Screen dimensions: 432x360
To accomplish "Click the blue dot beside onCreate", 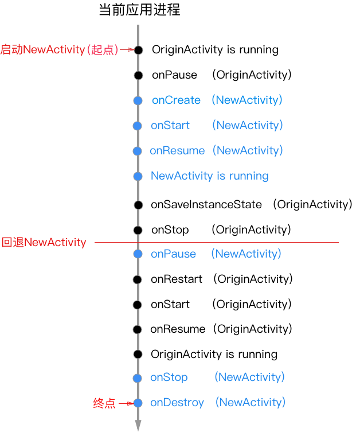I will click(138, 100).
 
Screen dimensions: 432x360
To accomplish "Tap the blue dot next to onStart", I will click(137, 126).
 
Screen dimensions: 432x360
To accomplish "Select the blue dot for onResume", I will click(137, 151).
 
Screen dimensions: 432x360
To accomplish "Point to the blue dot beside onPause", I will click(138, 254).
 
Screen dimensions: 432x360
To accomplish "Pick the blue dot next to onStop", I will click(137, 377).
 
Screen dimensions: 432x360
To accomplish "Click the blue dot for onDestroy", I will click(138, 403).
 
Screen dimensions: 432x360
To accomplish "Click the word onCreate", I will click(176, 100).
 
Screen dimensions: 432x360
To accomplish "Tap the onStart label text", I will click(170, 125).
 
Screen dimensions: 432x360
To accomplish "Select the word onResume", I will click(177, 151).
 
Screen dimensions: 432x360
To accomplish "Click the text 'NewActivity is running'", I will click(209, 176).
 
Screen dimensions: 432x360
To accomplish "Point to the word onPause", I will click(173, 254).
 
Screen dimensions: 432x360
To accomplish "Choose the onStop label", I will click(169, 377).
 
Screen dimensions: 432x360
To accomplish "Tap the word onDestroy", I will click(177, 403).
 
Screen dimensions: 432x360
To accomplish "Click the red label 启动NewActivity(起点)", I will click(59, 50).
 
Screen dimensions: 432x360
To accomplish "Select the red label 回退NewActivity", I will click(44, 242).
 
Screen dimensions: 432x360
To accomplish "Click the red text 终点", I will click(104, 403).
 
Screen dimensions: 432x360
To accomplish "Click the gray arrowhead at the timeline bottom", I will click(138, 425).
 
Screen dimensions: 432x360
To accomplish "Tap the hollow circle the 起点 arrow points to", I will click(138, 50).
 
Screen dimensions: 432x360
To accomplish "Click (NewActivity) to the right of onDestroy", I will click(250, 402).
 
